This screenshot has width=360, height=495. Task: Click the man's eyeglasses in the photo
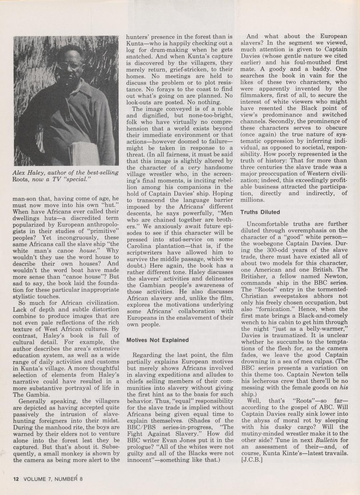coord(70,66)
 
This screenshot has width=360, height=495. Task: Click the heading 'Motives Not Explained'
coord(158,340)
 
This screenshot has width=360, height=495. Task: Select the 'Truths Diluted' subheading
coord(260,212)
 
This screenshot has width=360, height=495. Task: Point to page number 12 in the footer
coord(15,478)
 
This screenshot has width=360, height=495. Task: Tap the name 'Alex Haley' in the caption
coord(27,173)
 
